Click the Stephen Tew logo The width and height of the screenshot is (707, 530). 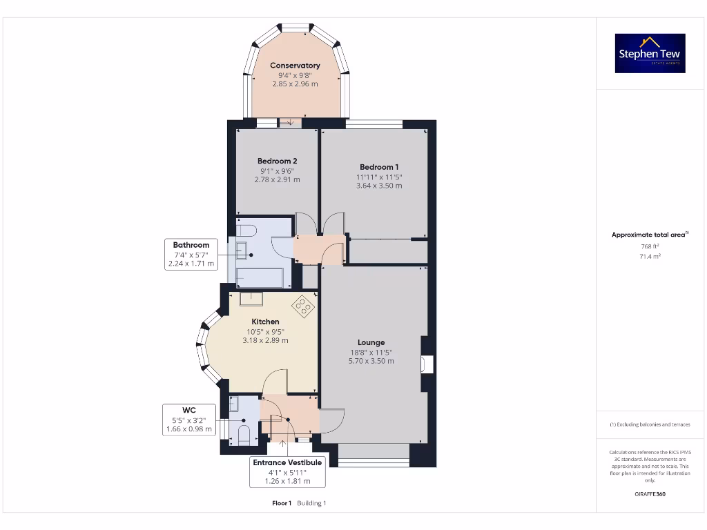tap(650, 53)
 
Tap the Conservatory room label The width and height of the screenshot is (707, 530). tap(295, 66)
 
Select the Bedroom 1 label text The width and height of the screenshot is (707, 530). tap(379, 167)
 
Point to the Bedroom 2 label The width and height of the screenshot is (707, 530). tap(277, 161)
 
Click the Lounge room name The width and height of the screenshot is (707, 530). tap(371, 342)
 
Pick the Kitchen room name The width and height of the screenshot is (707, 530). tap(265, 322)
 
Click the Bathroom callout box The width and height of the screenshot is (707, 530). tap(191, 254)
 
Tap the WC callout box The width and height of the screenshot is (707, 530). tap(188, 420)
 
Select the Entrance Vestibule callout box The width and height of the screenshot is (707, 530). tap(287, 472)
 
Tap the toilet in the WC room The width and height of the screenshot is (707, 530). tap(243, 434)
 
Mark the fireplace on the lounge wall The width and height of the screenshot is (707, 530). tap(427, 364)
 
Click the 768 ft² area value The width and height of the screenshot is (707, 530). tap(650, 246)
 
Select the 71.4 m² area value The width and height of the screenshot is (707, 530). tap(650, 256)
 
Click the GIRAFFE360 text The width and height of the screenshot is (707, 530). tap(650, 494)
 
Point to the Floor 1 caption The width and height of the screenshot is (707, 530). tap(282, 503)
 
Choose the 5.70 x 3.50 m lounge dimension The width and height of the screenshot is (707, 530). tap(371, 361)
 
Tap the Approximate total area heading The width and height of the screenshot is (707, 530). tap(649, 235)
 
